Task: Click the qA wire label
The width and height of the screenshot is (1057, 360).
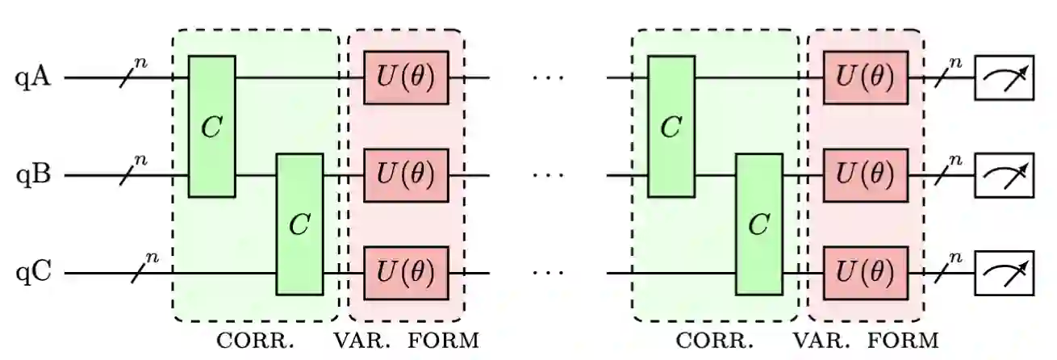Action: click(33, 79)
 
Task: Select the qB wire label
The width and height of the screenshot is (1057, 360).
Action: click(33, 175)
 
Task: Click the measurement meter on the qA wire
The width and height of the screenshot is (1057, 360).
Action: click(1005, 78)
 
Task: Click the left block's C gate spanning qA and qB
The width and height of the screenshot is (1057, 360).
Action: click(211, 127)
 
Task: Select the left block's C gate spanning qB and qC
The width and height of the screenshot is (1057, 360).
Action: click(299, 224)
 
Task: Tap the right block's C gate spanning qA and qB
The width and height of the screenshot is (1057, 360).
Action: click(671, 127)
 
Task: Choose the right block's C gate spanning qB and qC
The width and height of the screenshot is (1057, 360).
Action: click(758, 224)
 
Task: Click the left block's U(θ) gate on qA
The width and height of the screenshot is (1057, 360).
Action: click(406, 78)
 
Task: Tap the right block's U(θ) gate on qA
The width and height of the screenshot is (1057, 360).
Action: click(865, 78)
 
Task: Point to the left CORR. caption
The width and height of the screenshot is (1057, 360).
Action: click(256, 341)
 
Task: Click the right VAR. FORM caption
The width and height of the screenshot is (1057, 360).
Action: click(866, 341)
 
